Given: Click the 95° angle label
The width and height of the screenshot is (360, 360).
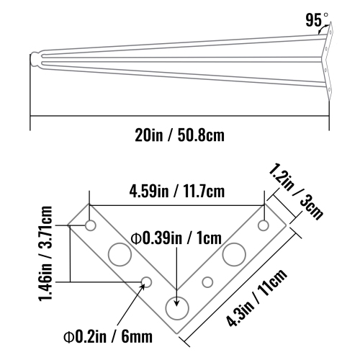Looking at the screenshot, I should pyautogui.click(x=314, y=20).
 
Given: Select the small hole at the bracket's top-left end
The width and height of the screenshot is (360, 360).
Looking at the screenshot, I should pyautogui.click(x=91, y=226).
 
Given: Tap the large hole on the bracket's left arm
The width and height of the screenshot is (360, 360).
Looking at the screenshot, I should pyautogui.click(x=117, y=254).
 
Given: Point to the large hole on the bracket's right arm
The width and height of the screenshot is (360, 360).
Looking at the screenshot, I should pyautogui.click(x=233, y=254).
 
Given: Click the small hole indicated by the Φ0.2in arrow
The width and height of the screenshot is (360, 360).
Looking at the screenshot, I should pyautogui.click(x=146, y=282).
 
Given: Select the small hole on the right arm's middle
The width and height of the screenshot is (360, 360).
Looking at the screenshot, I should pyautogui.click(x=207, y=282).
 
